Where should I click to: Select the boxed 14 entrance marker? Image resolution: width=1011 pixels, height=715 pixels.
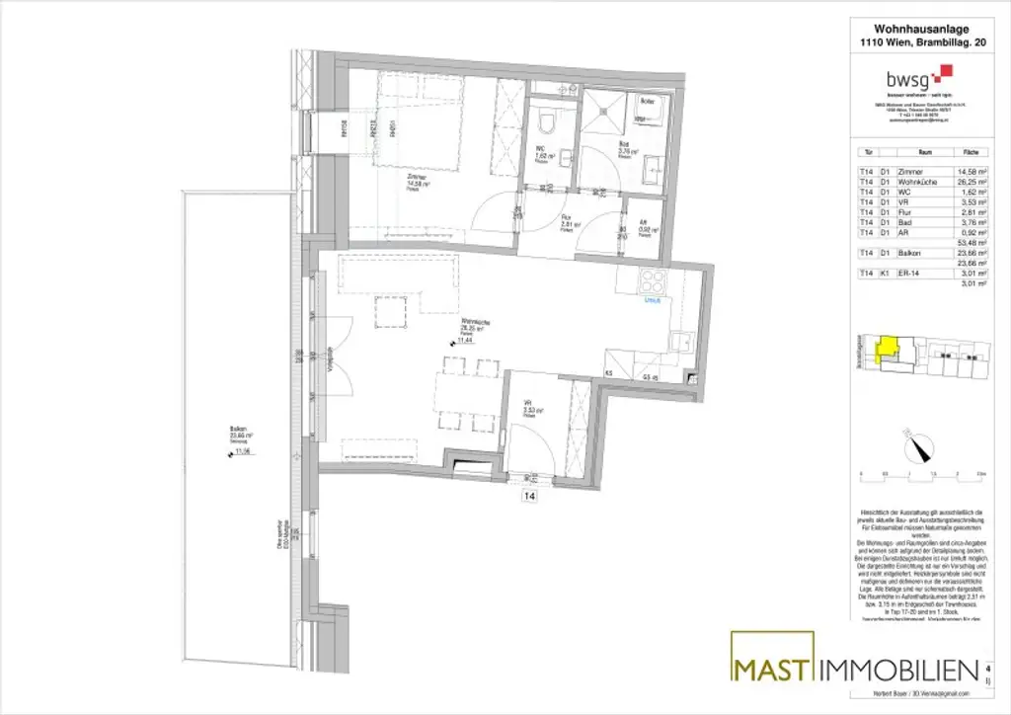tap(529, 496)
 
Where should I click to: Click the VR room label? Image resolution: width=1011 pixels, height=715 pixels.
tap(529, 402)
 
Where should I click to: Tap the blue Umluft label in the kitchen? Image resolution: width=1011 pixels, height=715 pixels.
tap(652, 301)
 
